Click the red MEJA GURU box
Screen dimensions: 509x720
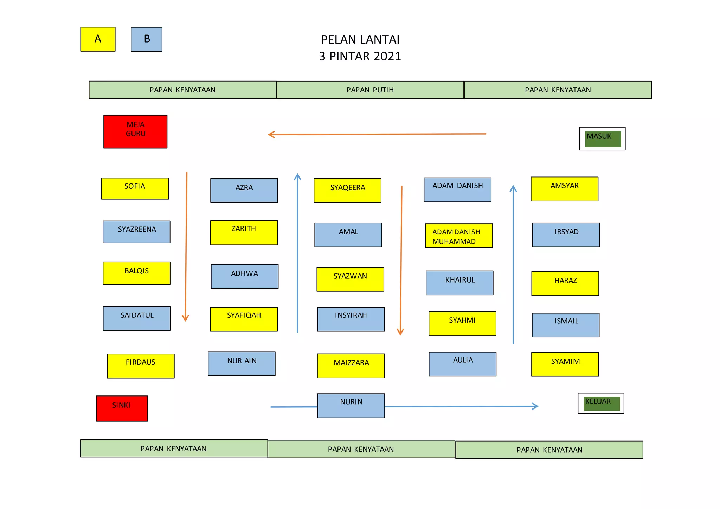click(x=135, y=132)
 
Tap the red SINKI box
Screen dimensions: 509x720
click(x=122, y=408)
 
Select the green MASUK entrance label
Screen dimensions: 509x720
click(x=603, y=139)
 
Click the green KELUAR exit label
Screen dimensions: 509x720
click(x=601, y=404)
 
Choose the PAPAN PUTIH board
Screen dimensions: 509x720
click(x=370, y=90)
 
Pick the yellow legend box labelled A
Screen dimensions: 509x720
click(x=98, y=39)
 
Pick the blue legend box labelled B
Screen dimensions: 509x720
click(x=147, y=39)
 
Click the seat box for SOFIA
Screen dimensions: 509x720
click(x=135, y=189)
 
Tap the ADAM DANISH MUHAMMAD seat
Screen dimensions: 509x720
click(x=459, y=236)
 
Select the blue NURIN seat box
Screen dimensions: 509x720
click(x=351, y=406)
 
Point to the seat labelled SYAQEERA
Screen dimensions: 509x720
click(x=347, y=191)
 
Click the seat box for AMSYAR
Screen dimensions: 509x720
click(x=564, y=189)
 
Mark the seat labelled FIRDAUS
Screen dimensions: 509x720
click(x=141, y=366)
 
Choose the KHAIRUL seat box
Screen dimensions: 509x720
click(x=459, y=283)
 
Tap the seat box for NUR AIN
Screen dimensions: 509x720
click(x=242, y=364)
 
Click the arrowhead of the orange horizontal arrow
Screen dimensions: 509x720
click(x=270, y=135)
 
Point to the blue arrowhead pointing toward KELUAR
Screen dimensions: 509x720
click(x=536, y=406)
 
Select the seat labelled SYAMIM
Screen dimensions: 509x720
click(x=565, y=365)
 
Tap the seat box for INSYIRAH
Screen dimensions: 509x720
click(x=351, y=320)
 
